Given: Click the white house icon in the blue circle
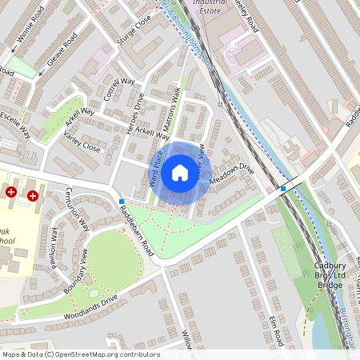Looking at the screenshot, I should [180, 173].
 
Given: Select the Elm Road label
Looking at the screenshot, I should [276, 329].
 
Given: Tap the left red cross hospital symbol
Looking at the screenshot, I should [11, 194].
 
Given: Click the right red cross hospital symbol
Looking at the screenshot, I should [33, 194].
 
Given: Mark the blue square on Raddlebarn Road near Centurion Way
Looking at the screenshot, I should [122, 202].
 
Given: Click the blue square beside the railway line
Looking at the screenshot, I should [283, 189].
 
